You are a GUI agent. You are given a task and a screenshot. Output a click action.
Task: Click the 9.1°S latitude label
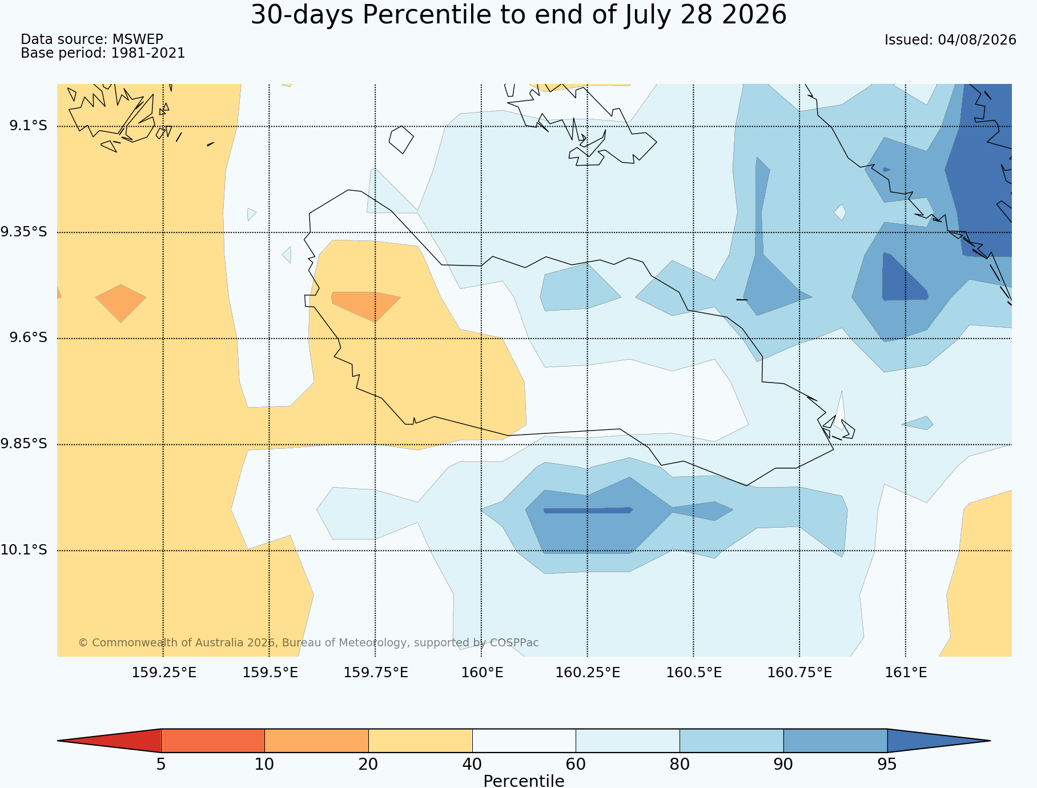pos(28,126)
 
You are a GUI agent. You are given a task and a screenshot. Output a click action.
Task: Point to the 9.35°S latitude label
pos(23,232)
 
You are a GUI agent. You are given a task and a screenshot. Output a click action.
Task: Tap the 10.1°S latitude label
pos(23,550)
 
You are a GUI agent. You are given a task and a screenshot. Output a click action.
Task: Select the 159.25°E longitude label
pos(164,673)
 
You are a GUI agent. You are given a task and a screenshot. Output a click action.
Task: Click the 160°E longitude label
pos(482,673)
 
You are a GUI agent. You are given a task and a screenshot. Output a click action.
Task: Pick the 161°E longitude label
pos(906,673)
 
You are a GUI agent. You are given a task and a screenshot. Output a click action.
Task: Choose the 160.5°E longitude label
pos(694,673)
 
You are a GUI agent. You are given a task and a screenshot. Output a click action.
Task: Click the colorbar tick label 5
pos(161,765)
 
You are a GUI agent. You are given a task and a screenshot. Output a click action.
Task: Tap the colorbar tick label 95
pos(887,765)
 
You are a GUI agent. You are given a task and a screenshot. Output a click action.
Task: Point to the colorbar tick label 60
pos(576,765)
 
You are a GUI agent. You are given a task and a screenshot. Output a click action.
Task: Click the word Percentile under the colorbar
pos(524,781)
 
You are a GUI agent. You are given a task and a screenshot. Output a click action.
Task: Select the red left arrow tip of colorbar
pos(58,741)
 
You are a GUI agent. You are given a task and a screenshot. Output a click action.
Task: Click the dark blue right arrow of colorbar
pos(939,741)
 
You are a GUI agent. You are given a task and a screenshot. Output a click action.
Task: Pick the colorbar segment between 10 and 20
pos(316,741)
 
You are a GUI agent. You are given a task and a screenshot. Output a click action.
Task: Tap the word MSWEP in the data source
pos(138,39)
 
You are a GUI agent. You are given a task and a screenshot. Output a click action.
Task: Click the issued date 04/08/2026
pos(977,40)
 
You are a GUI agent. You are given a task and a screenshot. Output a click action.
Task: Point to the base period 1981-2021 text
pos(148,53)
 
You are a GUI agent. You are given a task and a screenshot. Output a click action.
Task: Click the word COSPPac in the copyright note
pos(514,643)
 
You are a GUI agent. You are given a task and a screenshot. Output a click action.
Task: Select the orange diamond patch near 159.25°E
pos(120,303)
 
